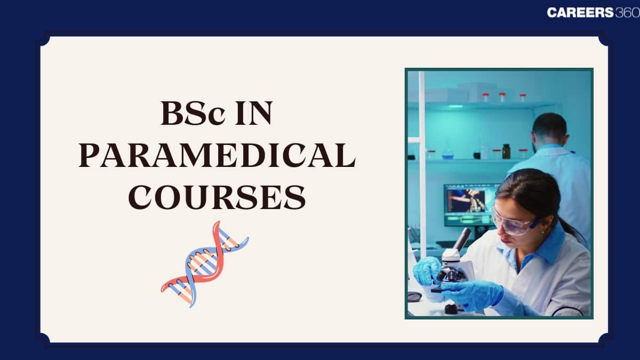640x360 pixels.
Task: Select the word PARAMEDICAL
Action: [x=217, y=157]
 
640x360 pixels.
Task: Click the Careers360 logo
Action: [x=593, y=13]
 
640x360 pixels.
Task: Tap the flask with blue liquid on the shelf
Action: [x=448, y=153]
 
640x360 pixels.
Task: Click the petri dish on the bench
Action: [x=414, y=297]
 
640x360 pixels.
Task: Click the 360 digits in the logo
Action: [x=627, y=13]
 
